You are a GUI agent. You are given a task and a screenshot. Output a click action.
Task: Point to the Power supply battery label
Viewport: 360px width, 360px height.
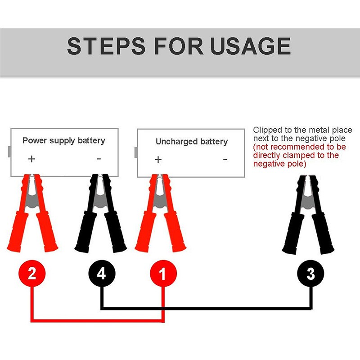click(64, 140)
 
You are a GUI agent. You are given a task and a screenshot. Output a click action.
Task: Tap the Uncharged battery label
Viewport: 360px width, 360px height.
click(192, 142)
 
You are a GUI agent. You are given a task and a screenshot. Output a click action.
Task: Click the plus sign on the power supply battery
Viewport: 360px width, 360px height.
click(31, 159)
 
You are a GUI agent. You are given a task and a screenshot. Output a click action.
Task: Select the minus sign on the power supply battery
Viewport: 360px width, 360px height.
click(99, 158)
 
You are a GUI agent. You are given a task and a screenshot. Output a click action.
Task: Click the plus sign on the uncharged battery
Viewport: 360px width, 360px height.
click(158, 159)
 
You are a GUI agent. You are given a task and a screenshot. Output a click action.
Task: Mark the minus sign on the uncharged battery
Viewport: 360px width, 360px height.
click(225, 159)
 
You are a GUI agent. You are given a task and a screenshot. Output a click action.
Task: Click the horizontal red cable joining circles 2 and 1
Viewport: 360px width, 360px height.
click(97, 321)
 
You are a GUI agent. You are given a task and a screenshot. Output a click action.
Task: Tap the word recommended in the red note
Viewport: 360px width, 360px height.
click(297, 147)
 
